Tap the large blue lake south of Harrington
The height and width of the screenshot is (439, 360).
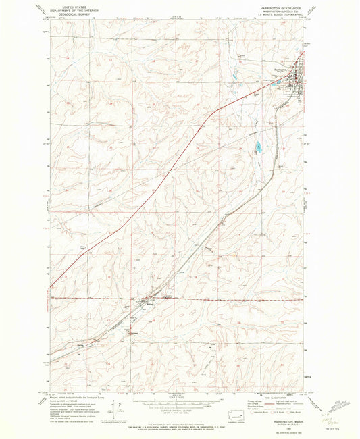point(259,147)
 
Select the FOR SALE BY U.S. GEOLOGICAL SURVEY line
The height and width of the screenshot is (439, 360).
point(179,425)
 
